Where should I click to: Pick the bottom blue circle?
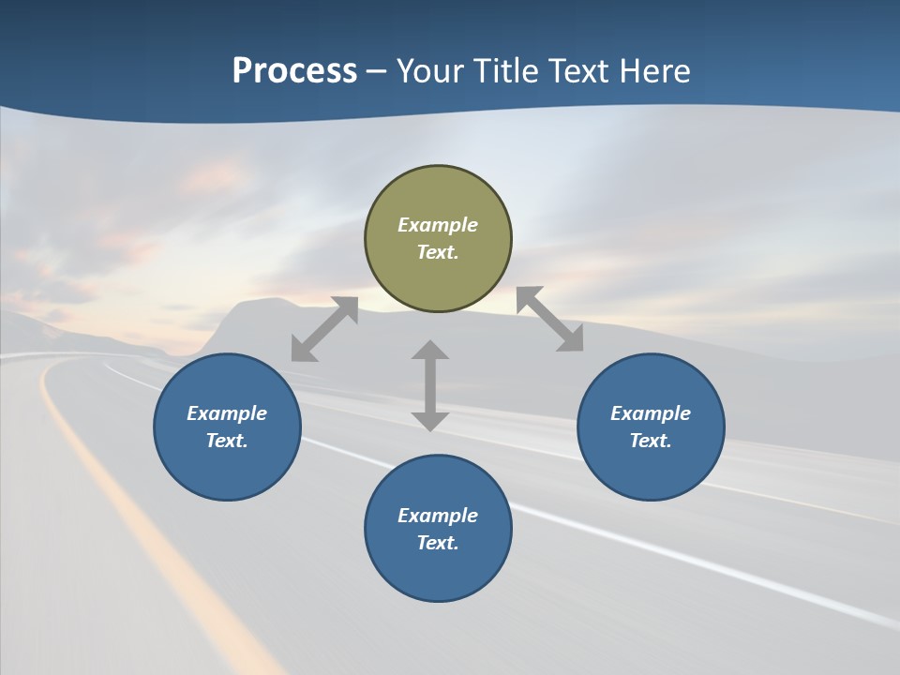click(x=438, y=572)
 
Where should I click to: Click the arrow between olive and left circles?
click(x=324, y=329)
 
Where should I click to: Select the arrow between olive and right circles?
click(x=550, y=320)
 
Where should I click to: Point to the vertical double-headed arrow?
click(x=430, y=385)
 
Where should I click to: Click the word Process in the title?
click(x=294, y=70)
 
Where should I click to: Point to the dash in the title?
click(x=376, y=71)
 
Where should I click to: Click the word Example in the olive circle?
click(x=438, y=225)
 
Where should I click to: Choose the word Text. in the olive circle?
click(x=438, y=252)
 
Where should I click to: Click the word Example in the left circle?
click(x=227, y=413)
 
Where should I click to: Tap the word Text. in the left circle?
click(x=227, y=441)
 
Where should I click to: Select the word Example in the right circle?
click(x=651, y=413)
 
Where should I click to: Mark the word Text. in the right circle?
click(x=651, y=441)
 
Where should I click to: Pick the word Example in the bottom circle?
click(x=438, y=516)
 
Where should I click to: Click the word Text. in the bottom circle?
click(x=438, y=543)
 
